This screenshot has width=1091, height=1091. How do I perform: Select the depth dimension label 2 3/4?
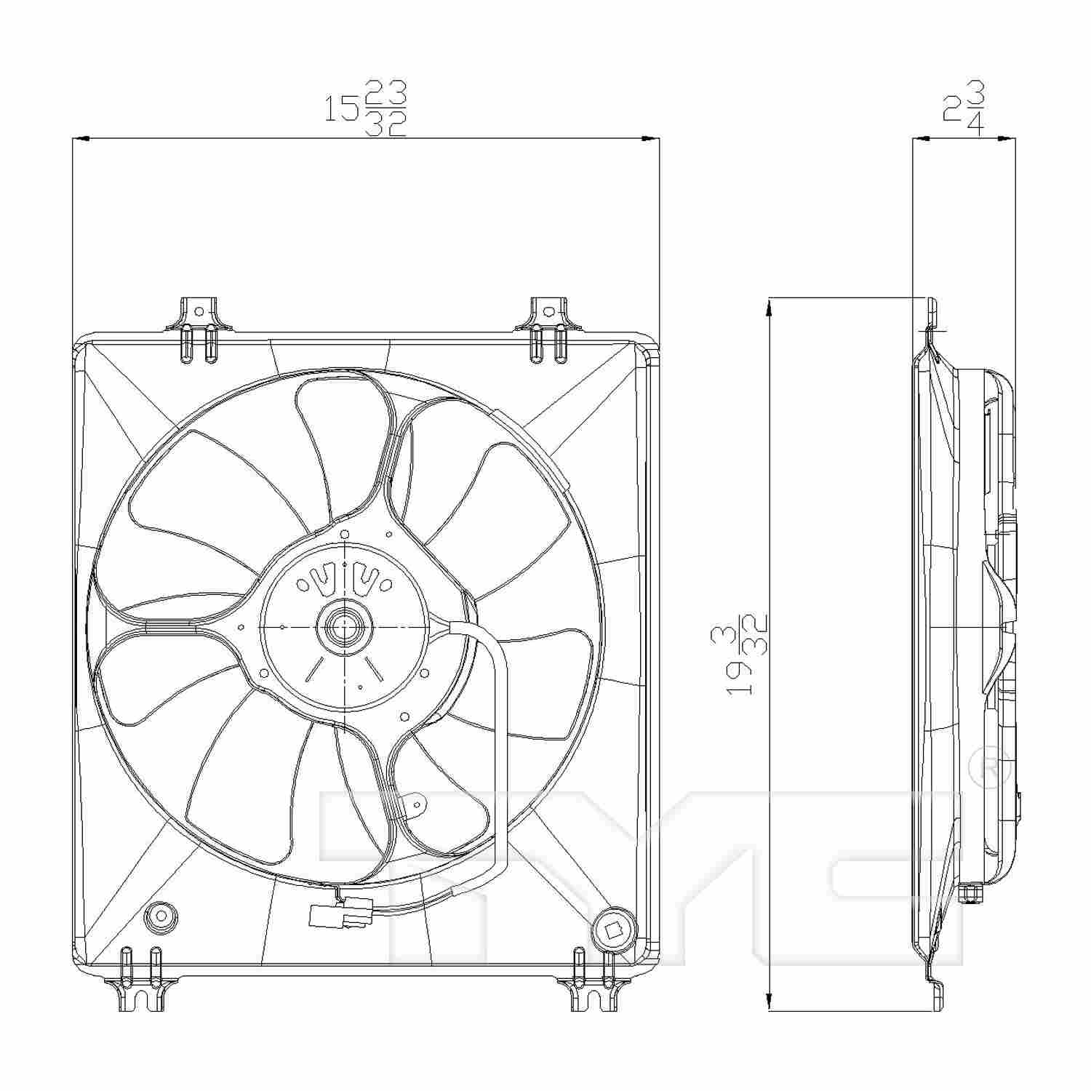964,109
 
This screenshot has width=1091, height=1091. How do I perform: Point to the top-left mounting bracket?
199,317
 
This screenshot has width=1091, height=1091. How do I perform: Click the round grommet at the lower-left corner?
161,917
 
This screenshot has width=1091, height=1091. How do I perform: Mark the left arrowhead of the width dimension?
80,137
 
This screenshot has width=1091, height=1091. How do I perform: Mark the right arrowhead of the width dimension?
652,137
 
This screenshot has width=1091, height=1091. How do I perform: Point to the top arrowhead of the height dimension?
769,305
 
